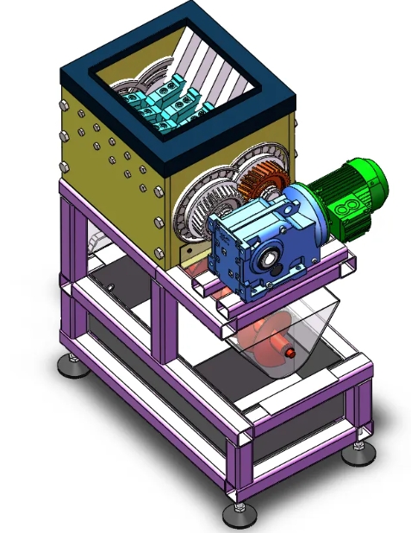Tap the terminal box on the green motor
pos(352,207)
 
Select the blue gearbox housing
pos(258,246)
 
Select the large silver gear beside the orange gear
pos(203,207)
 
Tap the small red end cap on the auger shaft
pos(290,352)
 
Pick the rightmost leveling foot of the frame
pos(358,452)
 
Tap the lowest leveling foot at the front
pos(239,515)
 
